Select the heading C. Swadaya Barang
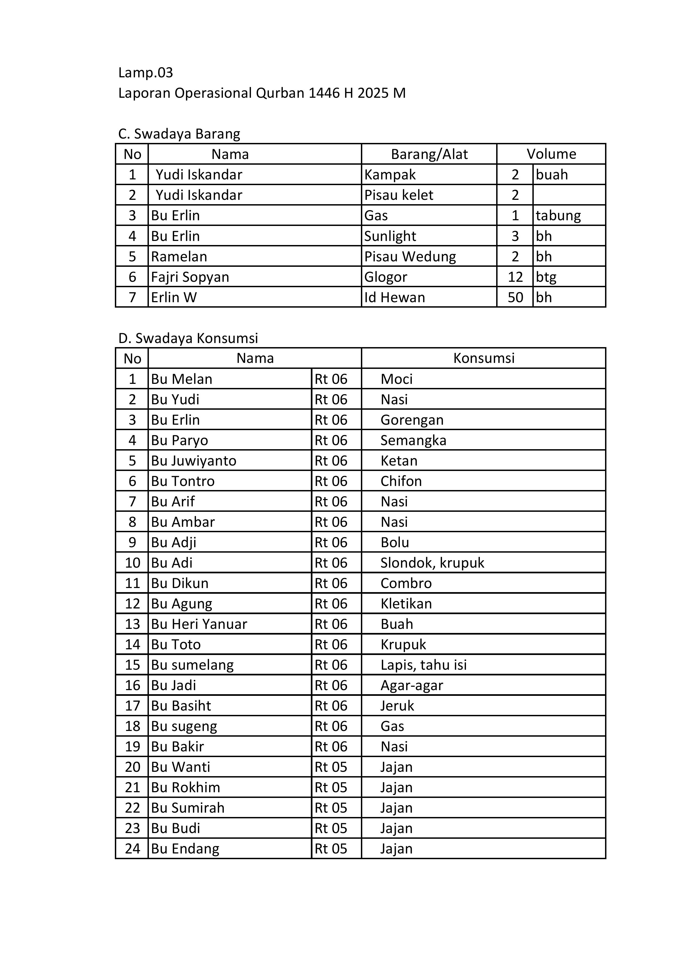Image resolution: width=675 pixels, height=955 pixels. pos(179,134)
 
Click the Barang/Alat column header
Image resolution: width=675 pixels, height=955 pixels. pos(429,154)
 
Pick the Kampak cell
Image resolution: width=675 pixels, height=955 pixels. pos(390,175)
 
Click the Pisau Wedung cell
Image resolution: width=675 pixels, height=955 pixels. pos(410,257)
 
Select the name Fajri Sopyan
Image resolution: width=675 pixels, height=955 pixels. pos(190,277)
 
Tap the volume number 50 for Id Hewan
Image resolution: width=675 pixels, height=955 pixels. pos(515,297)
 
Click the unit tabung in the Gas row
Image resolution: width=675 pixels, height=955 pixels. pos(558,215)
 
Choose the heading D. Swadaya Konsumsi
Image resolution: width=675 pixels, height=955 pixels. pos(188,338)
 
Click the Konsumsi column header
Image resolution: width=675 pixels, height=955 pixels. pos(484,358)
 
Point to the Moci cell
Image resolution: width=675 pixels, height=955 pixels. pos(396,379)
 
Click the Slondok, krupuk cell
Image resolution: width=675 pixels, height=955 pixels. pos(432,563)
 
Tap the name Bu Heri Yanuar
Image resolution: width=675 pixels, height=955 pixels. pos(199,624)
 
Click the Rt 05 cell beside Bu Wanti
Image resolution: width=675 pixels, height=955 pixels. pos(331,767)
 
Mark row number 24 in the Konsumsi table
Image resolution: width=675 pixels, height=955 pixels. pos(132,849)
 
